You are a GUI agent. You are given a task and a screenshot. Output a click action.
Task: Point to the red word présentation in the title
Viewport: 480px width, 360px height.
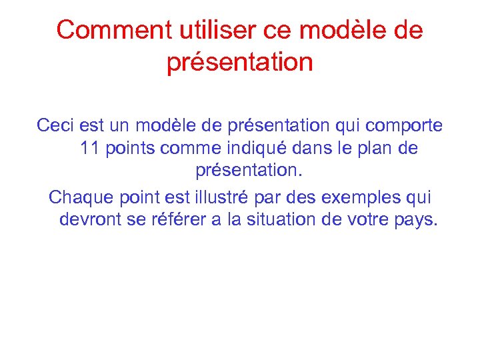tap(239, 63)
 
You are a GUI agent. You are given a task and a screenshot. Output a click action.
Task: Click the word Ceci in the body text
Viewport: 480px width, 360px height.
tap(57, 125)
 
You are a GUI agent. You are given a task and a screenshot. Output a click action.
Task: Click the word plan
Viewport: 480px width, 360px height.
tap(375, 149)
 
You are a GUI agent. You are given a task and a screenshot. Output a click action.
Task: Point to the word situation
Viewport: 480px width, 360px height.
tap(288, 220)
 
